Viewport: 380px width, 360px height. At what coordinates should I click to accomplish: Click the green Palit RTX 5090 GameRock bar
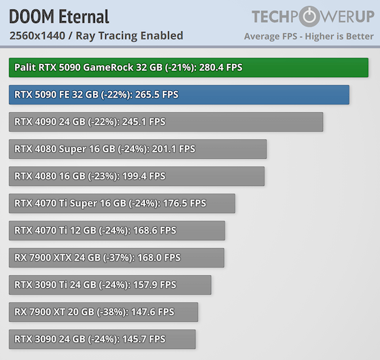[188, 68]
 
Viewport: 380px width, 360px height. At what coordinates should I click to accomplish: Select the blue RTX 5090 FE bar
[178, 95]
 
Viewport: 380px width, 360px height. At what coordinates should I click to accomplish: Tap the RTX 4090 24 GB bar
[166, 122]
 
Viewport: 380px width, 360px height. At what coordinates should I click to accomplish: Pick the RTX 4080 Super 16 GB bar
[138, 149]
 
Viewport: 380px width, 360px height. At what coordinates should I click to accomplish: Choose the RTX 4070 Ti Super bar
[122, 203]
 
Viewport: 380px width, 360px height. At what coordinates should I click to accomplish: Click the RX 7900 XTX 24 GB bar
[116, 257]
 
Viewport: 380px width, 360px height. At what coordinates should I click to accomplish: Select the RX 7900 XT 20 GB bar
[103, 312]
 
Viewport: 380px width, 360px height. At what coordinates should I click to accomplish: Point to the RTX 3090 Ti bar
[110, 285]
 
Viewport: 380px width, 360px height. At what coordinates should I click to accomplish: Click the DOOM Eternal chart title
[59, 17]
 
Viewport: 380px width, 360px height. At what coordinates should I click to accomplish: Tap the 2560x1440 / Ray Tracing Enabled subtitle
[96, 35]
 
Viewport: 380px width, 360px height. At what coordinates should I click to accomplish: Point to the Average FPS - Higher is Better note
[308, 36]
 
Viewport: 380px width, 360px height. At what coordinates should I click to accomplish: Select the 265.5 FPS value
[155, 95]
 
